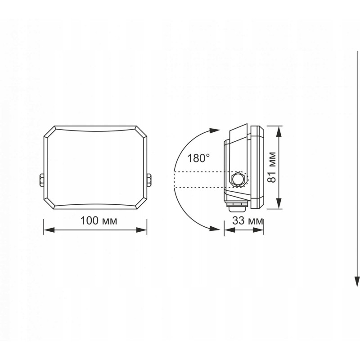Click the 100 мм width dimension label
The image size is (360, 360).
click(99, 220)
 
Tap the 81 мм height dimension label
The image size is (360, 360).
click(272, 167)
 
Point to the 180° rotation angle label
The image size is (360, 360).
click(198, 158)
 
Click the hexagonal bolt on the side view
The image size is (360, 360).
click(239, 179)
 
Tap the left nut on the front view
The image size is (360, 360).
click(41, 180)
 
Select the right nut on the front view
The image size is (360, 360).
click(149, 180)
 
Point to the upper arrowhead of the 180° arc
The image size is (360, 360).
click(215, 130)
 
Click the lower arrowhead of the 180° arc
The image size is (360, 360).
click(215, 228)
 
